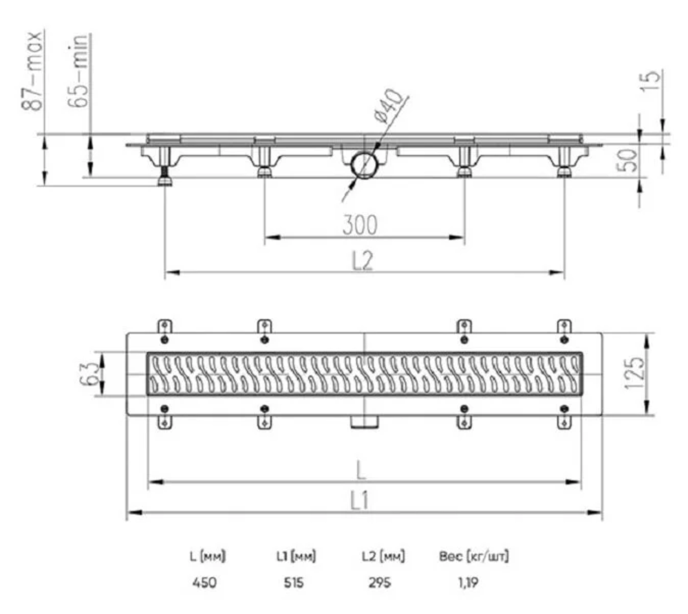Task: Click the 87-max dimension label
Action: pos(32,71)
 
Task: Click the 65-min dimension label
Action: pos(79,71)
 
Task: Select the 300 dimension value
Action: pos(360,225)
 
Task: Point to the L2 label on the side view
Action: pos(363,261)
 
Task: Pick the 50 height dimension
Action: pos(627,160)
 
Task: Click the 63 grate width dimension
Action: pos(87,373)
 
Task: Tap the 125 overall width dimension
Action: pos(634,373)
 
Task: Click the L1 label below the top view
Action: pos(360,501)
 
